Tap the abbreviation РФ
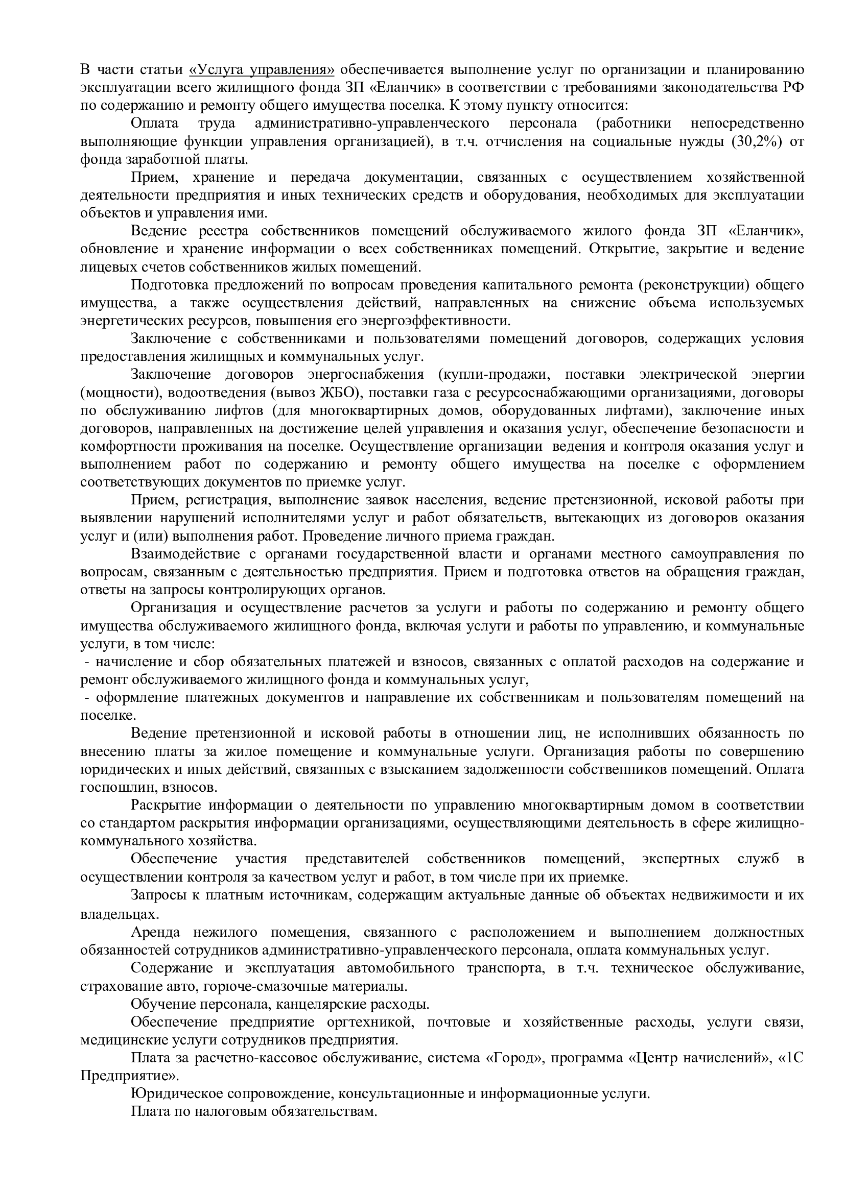pyautogui.click(x=793, y=87)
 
